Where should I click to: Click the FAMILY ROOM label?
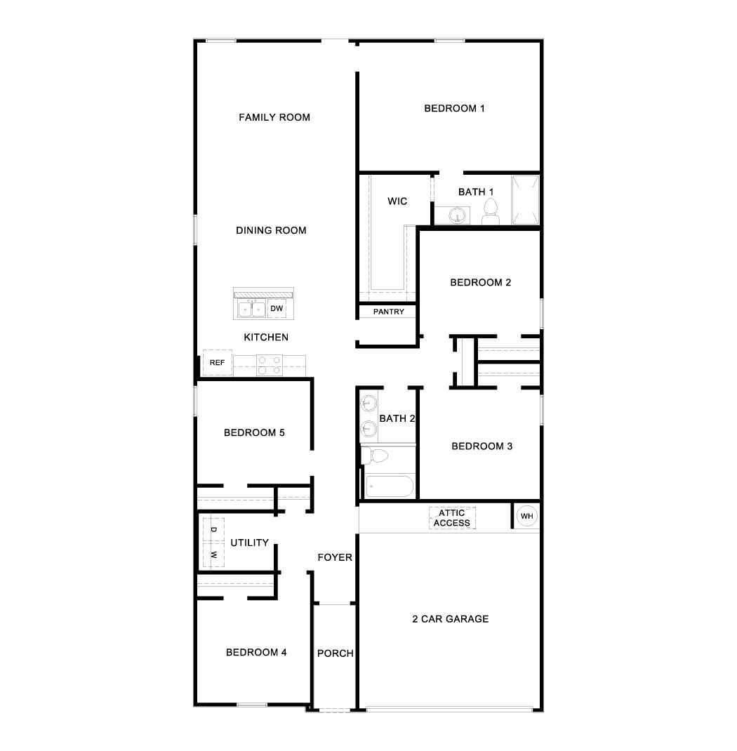pos(274,117)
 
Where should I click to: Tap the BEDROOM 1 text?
pos(455,108)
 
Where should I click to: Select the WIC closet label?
pos(397,201)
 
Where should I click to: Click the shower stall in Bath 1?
pos(525,199)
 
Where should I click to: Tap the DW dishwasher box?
pos(277,308)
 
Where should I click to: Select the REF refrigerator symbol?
pos(217,362)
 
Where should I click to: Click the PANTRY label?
pos(388,312)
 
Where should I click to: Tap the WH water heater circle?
pos(526,517)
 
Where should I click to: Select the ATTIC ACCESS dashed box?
pos(452,518)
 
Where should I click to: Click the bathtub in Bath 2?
pos(389,486)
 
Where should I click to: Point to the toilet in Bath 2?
pos(376,456)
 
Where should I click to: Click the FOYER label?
pos(335,557)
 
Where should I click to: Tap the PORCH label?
pos(335,653)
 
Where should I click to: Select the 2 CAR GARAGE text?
pos(450,619)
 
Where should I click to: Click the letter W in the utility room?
pos(213,554)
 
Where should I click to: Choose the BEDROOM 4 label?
pos(256,653)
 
